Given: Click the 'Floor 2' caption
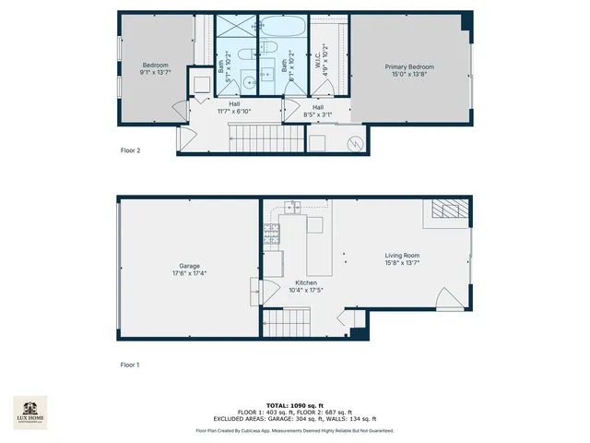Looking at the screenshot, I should (x=131, y=150).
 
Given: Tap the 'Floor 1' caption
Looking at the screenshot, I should (x=131, y=365).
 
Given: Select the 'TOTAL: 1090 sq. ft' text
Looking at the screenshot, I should (x=295, y=405).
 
